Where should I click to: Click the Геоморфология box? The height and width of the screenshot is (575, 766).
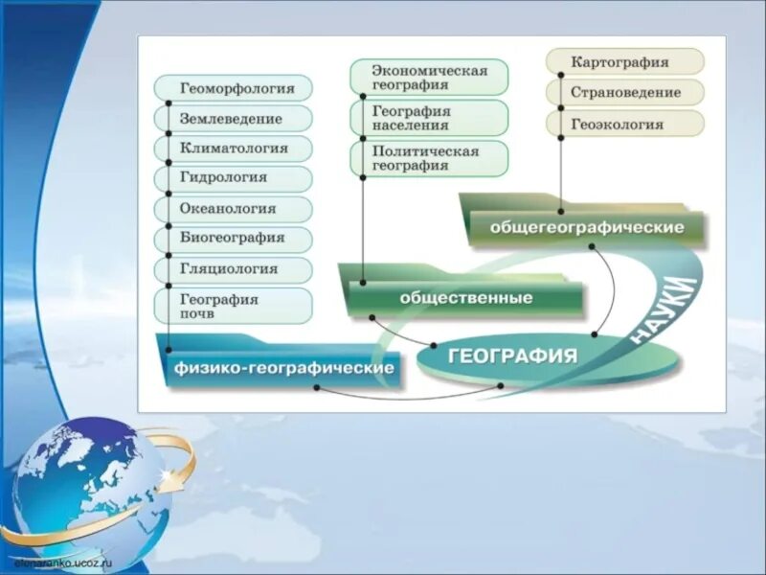234,88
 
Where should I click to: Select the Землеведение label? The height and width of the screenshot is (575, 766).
234,119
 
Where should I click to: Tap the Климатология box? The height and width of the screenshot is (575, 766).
234,149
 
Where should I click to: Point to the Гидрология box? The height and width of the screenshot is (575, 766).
234,178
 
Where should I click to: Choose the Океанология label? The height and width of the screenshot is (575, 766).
234,209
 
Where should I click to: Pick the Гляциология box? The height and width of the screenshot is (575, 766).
234,269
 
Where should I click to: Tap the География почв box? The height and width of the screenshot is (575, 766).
234,306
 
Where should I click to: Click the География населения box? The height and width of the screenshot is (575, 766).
429,118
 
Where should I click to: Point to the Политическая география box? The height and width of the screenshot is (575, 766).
429,158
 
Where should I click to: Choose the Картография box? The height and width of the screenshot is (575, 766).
625,62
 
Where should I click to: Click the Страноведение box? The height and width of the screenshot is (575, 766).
625,93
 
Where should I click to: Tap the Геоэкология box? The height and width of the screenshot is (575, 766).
625,124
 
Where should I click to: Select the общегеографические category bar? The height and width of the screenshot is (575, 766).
586,228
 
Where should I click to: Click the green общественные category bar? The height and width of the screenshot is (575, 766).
465,298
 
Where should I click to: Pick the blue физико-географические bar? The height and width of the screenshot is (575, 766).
284,368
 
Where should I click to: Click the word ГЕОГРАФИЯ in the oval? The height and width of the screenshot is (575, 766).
512,356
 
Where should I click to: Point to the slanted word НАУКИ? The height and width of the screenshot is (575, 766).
662,309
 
